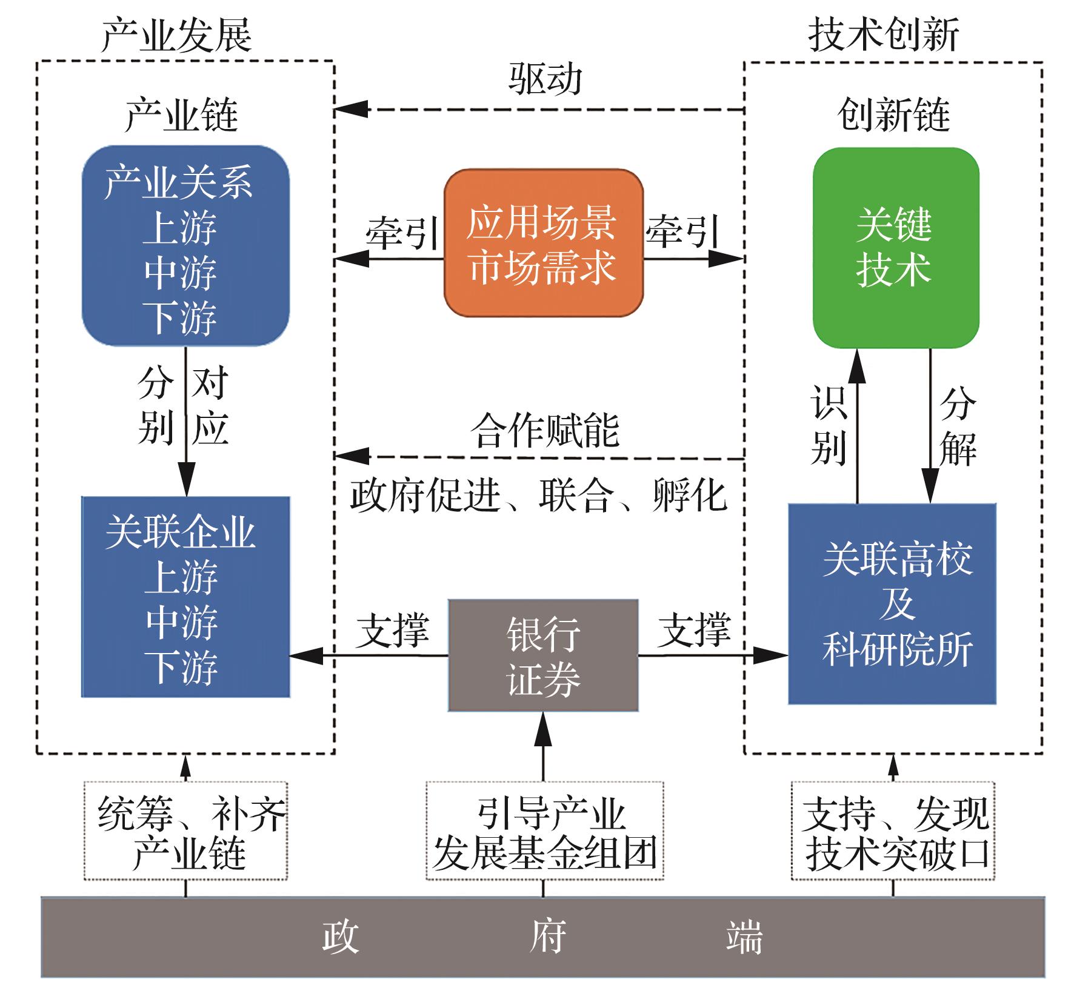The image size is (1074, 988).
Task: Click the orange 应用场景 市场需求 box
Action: pos(543,243)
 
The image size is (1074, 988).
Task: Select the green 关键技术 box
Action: pos(895,248)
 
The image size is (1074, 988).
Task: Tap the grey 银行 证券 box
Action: pos(543,655)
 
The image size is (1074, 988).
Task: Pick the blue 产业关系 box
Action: pos(185,246)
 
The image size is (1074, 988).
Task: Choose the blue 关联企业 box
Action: pos(185,597)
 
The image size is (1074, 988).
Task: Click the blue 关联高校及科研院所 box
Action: pos(892,603)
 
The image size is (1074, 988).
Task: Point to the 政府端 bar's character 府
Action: pos(547,936)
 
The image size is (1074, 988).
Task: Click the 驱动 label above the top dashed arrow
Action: pos(545,79)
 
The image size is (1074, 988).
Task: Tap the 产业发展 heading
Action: pos(176,35)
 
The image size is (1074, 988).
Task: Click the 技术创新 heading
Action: pos(883,34)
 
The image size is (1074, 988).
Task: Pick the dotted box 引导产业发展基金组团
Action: pos(544,831)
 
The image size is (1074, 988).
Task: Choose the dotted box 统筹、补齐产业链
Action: pos(185,831)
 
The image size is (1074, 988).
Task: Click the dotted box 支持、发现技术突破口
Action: pos(893,831)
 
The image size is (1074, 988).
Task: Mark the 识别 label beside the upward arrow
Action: pos(828,426)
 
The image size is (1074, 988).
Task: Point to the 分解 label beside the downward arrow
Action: pos(958,426)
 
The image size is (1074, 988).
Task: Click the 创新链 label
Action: pos(893,114)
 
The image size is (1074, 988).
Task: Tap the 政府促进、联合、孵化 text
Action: pos(538,496)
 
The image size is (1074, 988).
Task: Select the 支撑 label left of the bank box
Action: pos(392,630)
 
